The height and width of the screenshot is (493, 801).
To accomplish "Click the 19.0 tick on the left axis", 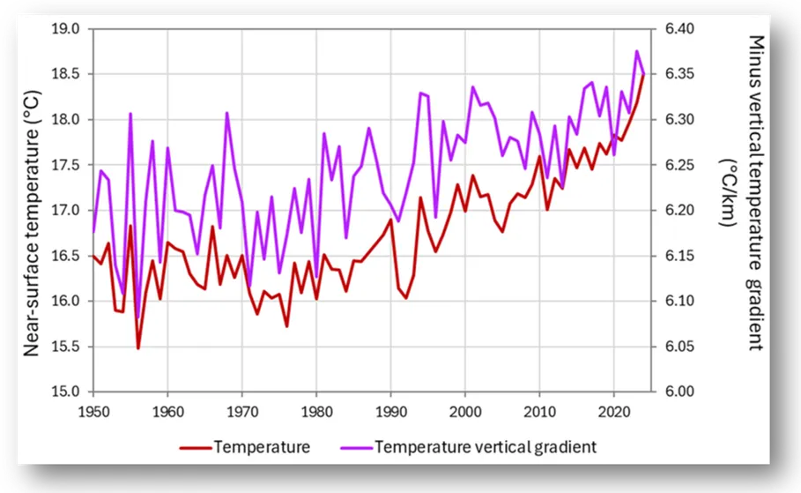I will [67, 29].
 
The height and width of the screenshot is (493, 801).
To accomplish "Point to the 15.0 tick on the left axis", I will [67, 392].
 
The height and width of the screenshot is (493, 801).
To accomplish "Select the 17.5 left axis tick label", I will [67, 165].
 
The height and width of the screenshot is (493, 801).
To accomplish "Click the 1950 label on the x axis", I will [93, 411].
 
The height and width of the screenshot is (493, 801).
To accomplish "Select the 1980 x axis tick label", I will [315, 411].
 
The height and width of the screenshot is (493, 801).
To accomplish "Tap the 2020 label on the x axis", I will [613, 411].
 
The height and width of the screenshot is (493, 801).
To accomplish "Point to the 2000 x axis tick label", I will [464, 411].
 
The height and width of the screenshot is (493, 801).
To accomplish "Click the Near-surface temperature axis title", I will [32, 210].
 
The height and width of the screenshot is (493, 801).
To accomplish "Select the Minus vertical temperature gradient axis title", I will [743, 192].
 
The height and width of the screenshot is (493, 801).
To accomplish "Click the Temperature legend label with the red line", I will [262, 447].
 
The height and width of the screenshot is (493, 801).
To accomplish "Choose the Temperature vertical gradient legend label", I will [486, 447].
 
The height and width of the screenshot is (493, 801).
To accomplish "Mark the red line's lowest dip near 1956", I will [137, 347].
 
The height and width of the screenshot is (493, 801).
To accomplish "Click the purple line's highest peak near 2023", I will [636, 51].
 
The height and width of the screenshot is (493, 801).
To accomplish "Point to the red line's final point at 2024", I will [643, 74].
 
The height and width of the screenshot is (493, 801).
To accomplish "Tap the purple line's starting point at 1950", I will [93, 233].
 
